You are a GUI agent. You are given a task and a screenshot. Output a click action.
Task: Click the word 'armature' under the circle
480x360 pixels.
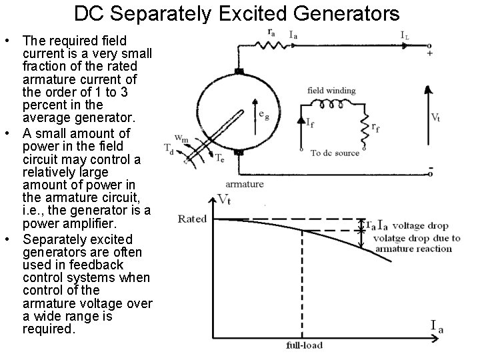coord(245,184)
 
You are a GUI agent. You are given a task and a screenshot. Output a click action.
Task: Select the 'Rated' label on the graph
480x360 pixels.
coord(193,218)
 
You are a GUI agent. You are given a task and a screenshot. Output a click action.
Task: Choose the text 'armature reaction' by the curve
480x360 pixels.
coord(413,249)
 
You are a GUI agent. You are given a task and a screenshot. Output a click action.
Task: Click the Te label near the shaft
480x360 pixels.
coord(219,157)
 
